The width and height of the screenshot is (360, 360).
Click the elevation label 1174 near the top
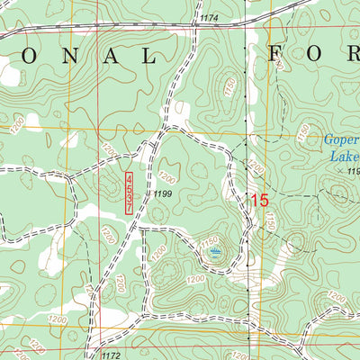coord(209,18)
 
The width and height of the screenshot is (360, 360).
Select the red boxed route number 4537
coord(129,193)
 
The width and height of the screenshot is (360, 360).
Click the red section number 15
coord(257,201)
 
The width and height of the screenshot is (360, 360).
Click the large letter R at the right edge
coord(354,56)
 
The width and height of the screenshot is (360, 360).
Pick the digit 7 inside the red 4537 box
coord(129,207)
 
